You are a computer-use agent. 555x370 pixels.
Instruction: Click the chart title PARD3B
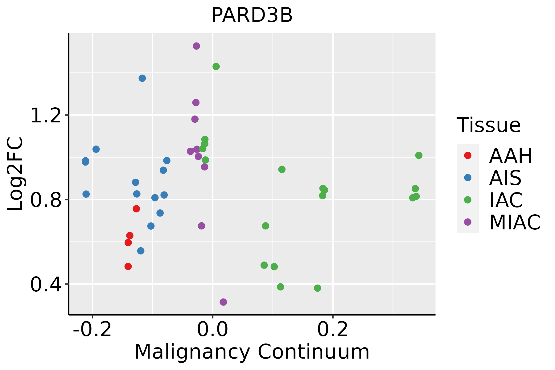pyautogui.click(x=252, y=15)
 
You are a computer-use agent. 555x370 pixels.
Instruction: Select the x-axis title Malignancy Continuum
pyautogui.click(x=252, y=352)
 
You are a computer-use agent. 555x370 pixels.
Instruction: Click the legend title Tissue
pyautogui.click(x=488, y=125)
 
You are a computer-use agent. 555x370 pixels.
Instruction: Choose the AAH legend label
pyautogui.click(x=511, y=156)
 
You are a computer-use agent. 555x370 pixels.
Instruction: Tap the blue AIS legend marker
pyautogui.click(x=467, y=178)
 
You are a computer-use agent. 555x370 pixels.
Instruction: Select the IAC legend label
pyautogui.click(x=506, y=200)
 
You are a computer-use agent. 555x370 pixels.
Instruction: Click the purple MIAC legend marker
pyautogui.click(x=467, y=222)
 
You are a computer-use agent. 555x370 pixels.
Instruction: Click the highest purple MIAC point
pyautogui.click(x=196, y=46)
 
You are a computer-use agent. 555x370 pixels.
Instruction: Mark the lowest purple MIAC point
pyautogui.click(x=223, y=302)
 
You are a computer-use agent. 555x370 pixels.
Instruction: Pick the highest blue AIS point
pyautogui.click(x=142, y=78)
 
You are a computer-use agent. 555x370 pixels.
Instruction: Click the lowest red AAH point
pyautogui.click(x=128, y=266)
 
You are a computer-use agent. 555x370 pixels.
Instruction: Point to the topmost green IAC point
pyautogui.click(x=216, y=67)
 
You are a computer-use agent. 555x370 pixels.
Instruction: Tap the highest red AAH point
pyautogui.click(x=136, y=209)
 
